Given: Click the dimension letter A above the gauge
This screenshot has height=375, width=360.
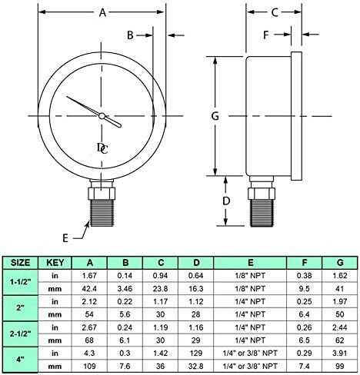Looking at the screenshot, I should click(102, 12).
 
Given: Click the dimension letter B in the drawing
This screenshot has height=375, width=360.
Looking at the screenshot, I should click(131, 35).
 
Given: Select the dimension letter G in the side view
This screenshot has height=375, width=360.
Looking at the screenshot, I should click(216, 116).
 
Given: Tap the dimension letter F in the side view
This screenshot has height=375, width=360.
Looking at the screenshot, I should click(265, 35).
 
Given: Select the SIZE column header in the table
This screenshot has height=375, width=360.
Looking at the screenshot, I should click(18, 261).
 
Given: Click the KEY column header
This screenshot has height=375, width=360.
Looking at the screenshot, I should click(55, 261).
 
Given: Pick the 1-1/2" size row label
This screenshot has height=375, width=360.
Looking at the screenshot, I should click(18, 282).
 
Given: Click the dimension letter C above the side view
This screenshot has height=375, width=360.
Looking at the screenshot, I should click(274, 12).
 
